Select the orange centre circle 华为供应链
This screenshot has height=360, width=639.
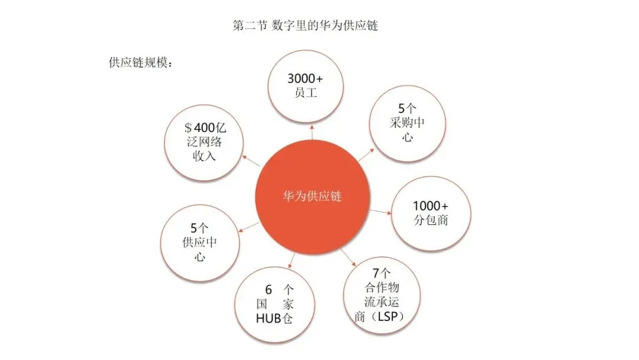(x=312, y=197)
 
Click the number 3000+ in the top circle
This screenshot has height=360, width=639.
(x=305, y=79)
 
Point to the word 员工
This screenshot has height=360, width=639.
(x=305, y=93)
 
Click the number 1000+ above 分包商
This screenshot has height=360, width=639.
(x=431, y=207)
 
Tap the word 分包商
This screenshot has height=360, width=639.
(x=431, y=221)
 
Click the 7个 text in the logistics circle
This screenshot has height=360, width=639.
(x=380, y=274)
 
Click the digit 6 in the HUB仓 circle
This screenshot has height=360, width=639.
(x=268, y=290)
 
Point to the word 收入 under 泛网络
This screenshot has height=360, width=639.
(x=204, y=156)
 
